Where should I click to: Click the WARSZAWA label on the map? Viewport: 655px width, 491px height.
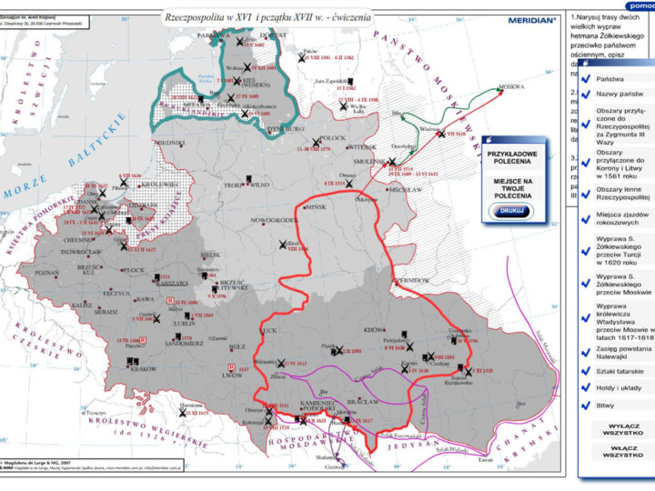(169, 282)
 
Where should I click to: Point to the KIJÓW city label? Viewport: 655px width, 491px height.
(374, 329)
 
